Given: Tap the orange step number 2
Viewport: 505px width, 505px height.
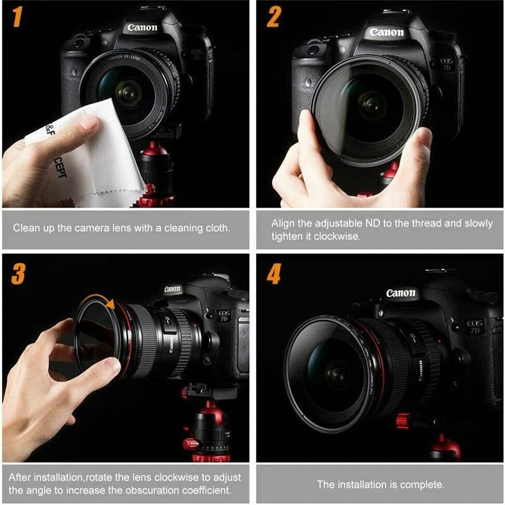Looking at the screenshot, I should (273, 17).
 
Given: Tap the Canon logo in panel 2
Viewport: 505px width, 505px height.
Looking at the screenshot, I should (386, 32).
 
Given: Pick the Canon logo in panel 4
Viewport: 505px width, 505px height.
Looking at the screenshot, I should (401, 293).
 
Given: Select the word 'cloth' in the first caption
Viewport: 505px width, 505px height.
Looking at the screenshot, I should (217, 227).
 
